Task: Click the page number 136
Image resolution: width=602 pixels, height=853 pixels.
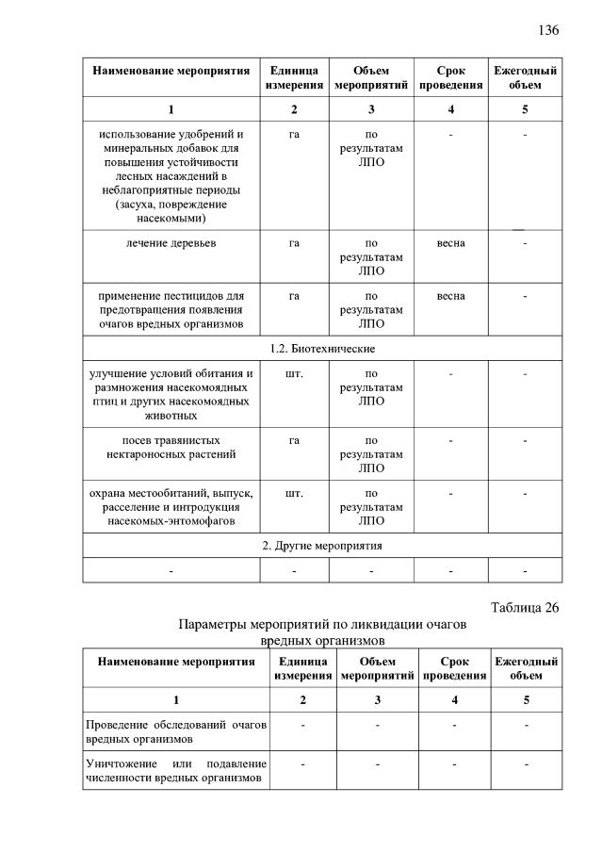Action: tap(548, 30)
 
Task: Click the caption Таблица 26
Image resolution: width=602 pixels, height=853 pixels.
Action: tap(525, 607)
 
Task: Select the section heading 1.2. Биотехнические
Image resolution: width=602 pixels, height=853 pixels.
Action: tap(321, 349)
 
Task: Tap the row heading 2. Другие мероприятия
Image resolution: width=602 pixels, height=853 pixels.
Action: tap(321, 545)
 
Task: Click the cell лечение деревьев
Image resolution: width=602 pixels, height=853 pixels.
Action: tap(171, 243)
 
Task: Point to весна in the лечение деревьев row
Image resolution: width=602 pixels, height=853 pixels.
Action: tap(450, 243)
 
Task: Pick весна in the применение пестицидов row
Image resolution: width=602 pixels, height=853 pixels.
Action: tap(450, 296)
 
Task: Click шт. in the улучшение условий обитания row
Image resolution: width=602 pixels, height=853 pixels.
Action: tap(294, 374)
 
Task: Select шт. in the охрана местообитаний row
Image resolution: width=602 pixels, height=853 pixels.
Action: tap(294, 493)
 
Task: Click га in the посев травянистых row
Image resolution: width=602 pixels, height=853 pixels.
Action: tap(294, 440)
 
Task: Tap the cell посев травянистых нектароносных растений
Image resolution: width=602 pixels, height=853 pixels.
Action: tap(171, 447)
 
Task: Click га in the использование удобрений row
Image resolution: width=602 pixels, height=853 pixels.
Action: tap(294, 134)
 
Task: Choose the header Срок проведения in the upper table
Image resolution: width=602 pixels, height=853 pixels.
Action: tap(450, 78)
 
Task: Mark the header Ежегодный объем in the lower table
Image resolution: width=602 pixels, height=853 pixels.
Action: tap(526, 668)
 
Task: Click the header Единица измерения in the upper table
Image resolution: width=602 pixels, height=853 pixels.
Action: tap(294, 78)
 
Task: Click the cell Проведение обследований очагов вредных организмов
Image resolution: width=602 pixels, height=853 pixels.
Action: tap(176, 731)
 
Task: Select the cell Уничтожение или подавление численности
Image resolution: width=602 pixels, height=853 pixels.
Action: tap(176, 770)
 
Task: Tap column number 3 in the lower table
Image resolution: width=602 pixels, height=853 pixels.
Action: tap(377, 700)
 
